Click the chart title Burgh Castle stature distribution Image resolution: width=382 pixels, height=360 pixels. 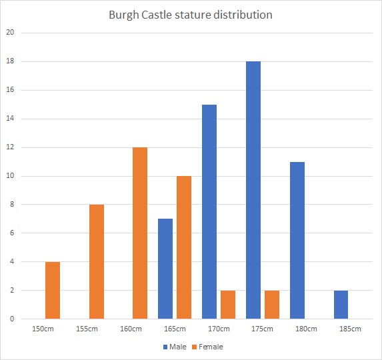(x=191, y=15)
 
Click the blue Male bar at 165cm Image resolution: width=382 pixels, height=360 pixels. (x=165, y=269)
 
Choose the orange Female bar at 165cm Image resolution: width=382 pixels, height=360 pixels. (x=184, y=247)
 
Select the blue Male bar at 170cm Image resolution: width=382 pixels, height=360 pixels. (x=209, y=211)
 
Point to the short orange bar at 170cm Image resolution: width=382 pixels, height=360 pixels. (x=228, y=305)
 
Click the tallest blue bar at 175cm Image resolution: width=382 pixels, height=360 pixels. (x=253, y=190)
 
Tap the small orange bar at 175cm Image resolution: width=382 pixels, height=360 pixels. (x=271, y=305)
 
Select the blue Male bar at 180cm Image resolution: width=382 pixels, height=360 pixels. (x=297, y=240)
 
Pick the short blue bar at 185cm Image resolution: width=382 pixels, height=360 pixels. (x=341, y=305)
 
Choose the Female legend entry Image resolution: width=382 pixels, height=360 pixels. (x=209, y=347)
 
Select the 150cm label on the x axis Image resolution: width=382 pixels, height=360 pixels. (x=43, y=329)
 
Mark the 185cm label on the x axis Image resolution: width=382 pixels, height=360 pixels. (x=350, y=329)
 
